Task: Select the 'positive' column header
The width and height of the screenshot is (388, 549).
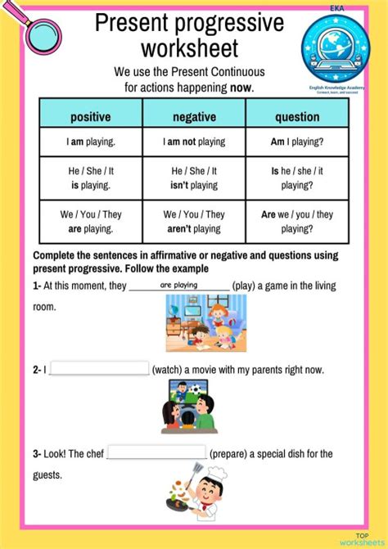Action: (90, 117)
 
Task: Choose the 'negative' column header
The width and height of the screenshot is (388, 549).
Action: (194, 117)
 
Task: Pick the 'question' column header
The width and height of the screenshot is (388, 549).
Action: (296, 117)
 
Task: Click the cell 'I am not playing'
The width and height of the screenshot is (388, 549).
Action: (194, 142)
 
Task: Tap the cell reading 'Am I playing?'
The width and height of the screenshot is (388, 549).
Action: (296, 142)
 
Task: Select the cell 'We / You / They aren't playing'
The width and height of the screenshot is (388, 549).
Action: (194, 222)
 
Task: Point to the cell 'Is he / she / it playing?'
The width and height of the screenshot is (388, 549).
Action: (296, 178)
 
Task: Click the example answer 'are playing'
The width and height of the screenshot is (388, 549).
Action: (179, 286)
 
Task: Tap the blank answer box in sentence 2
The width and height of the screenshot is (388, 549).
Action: (99, 369)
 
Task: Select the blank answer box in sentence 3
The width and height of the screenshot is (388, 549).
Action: (156, 452)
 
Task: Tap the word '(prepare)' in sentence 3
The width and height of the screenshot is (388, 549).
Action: (233, 453)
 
